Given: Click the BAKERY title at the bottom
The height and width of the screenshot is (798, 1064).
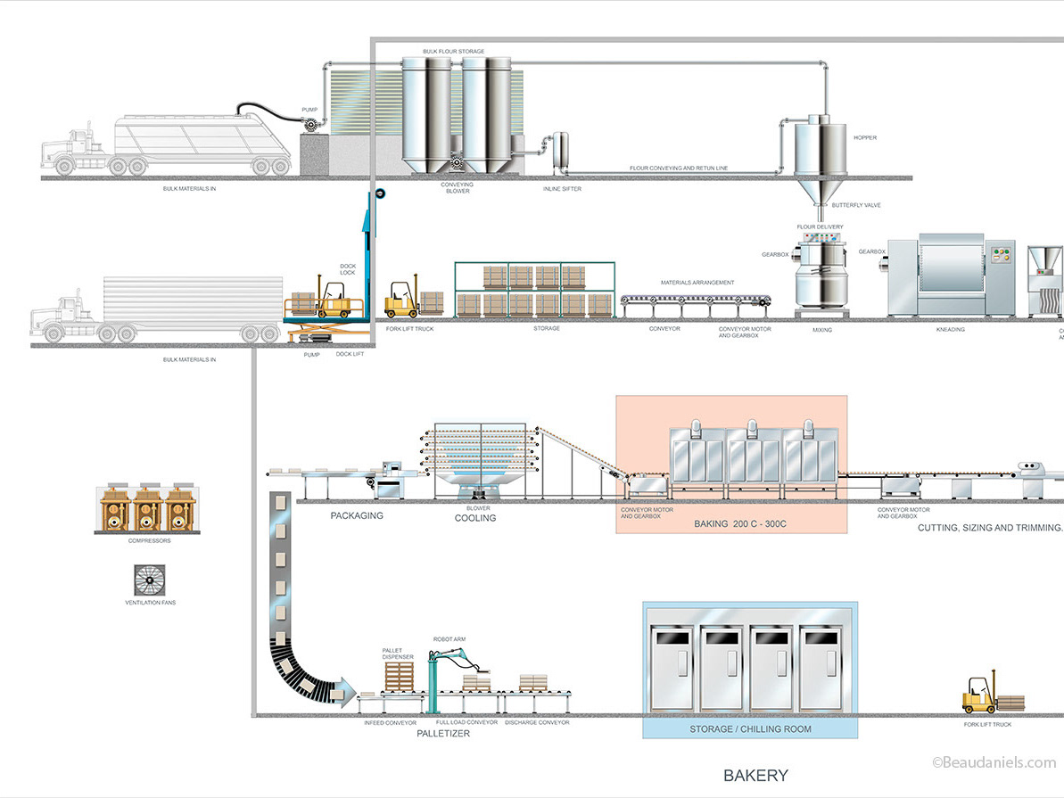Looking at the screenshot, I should (755, 775).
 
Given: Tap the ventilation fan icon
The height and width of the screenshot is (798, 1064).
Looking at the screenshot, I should (150, 580).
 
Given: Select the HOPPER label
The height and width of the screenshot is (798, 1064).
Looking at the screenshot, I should (864, 137).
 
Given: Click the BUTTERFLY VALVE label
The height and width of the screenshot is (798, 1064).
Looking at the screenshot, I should (856, 205).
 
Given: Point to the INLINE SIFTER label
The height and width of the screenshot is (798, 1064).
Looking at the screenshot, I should (562, 189).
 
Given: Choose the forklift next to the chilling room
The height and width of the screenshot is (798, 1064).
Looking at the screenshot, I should (978, 695).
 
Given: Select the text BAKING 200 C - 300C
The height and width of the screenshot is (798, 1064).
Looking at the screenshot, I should (740, 524).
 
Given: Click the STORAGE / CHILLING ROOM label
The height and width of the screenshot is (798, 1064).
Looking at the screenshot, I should (750, 729).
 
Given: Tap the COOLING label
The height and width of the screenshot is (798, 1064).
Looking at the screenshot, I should (475, 518).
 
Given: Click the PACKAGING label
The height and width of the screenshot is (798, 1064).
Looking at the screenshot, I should (357, 515).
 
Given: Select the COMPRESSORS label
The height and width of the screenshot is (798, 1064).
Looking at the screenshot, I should (149, 540).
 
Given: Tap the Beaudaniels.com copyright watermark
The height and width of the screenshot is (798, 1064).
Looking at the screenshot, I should (994, 762).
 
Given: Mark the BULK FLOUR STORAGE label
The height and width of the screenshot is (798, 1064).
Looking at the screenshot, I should (454, 52).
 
